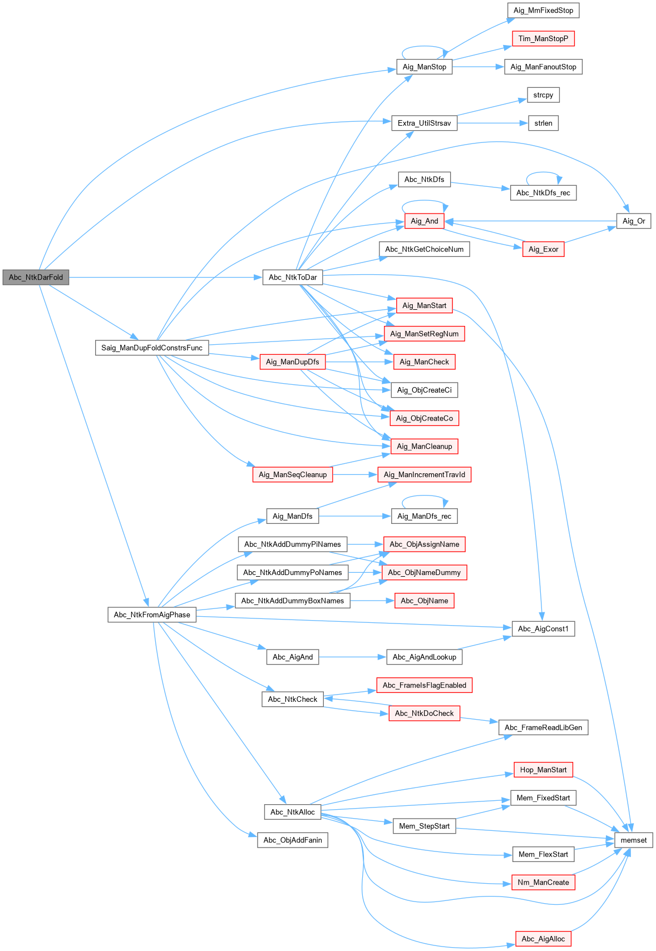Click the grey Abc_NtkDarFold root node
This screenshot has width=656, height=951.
pos(36,277)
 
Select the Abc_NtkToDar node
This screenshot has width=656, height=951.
pos(293,277)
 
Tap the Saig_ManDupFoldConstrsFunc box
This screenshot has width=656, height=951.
pos(152,348)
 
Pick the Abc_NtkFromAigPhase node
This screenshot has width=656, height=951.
pos(152,615)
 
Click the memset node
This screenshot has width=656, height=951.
pos(633,840)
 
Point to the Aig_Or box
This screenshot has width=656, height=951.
pos(634,221)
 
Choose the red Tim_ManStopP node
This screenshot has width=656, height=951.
pos(543,38)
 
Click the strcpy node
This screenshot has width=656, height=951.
pos(543,95)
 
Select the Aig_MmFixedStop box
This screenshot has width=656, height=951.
pos(543,10)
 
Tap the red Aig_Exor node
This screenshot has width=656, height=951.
pos(543,249)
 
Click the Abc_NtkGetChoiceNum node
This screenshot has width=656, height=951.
pos(424,249)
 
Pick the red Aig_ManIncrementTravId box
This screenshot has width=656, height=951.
pos(424,474)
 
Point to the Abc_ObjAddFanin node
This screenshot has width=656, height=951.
pos(293,840)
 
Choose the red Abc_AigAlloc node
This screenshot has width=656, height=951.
pos(543,939)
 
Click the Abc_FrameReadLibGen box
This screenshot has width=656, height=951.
pos(543,727)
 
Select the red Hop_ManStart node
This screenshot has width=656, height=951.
pos(543,770)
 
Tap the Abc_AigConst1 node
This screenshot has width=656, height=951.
pos(543,628)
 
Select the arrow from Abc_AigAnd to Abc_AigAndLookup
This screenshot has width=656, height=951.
pos(353,657)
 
